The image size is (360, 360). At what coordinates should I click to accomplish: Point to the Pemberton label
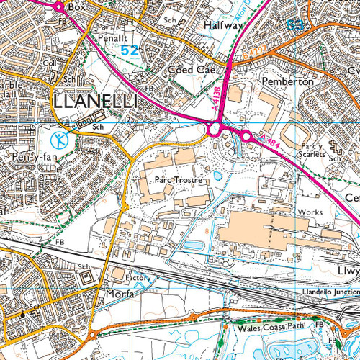(x=289, y=82)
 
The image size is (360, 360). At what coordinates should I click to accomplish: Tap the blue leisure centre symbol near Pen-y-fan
(x=63, y=138)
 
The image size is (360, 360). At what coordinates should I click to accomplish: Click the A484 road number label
(x=270, y=143)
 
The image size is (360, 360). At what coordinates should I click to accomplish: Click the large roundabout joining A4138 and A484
(x=213, y=129)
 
